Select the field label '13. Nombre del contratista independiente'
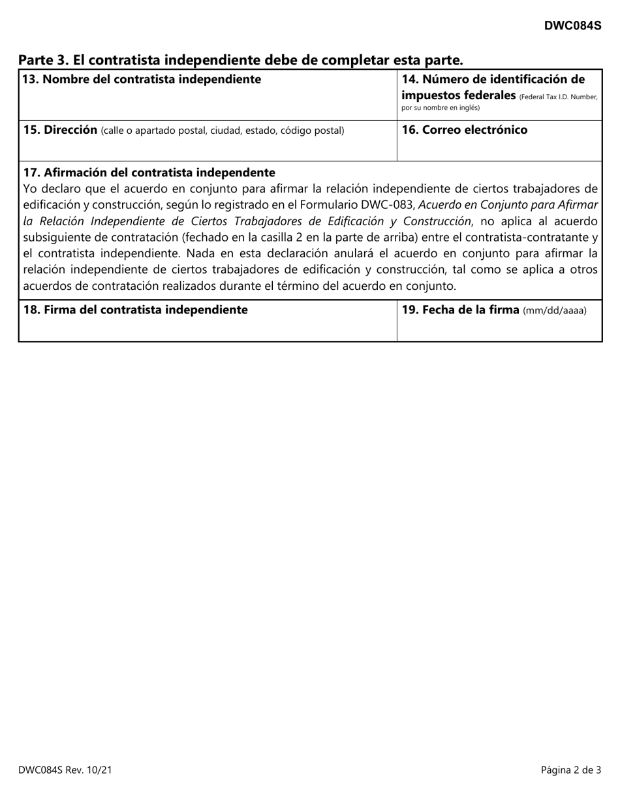tap(142, 80)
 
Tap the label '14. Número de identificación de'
tap(493, 80)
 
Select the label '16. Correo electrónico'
tap(464, 129)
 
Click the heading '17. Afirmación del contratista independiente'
tap(149, 172)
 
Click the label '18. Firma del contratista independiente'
tap(135, 309)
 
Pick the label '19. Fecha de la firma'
tap(460, 309)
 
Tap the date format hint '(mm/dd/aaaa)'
tap(554, 310)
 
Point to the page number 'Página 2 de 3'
tap(570, 770)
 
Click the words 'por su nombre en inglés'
tap(440, 108)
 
